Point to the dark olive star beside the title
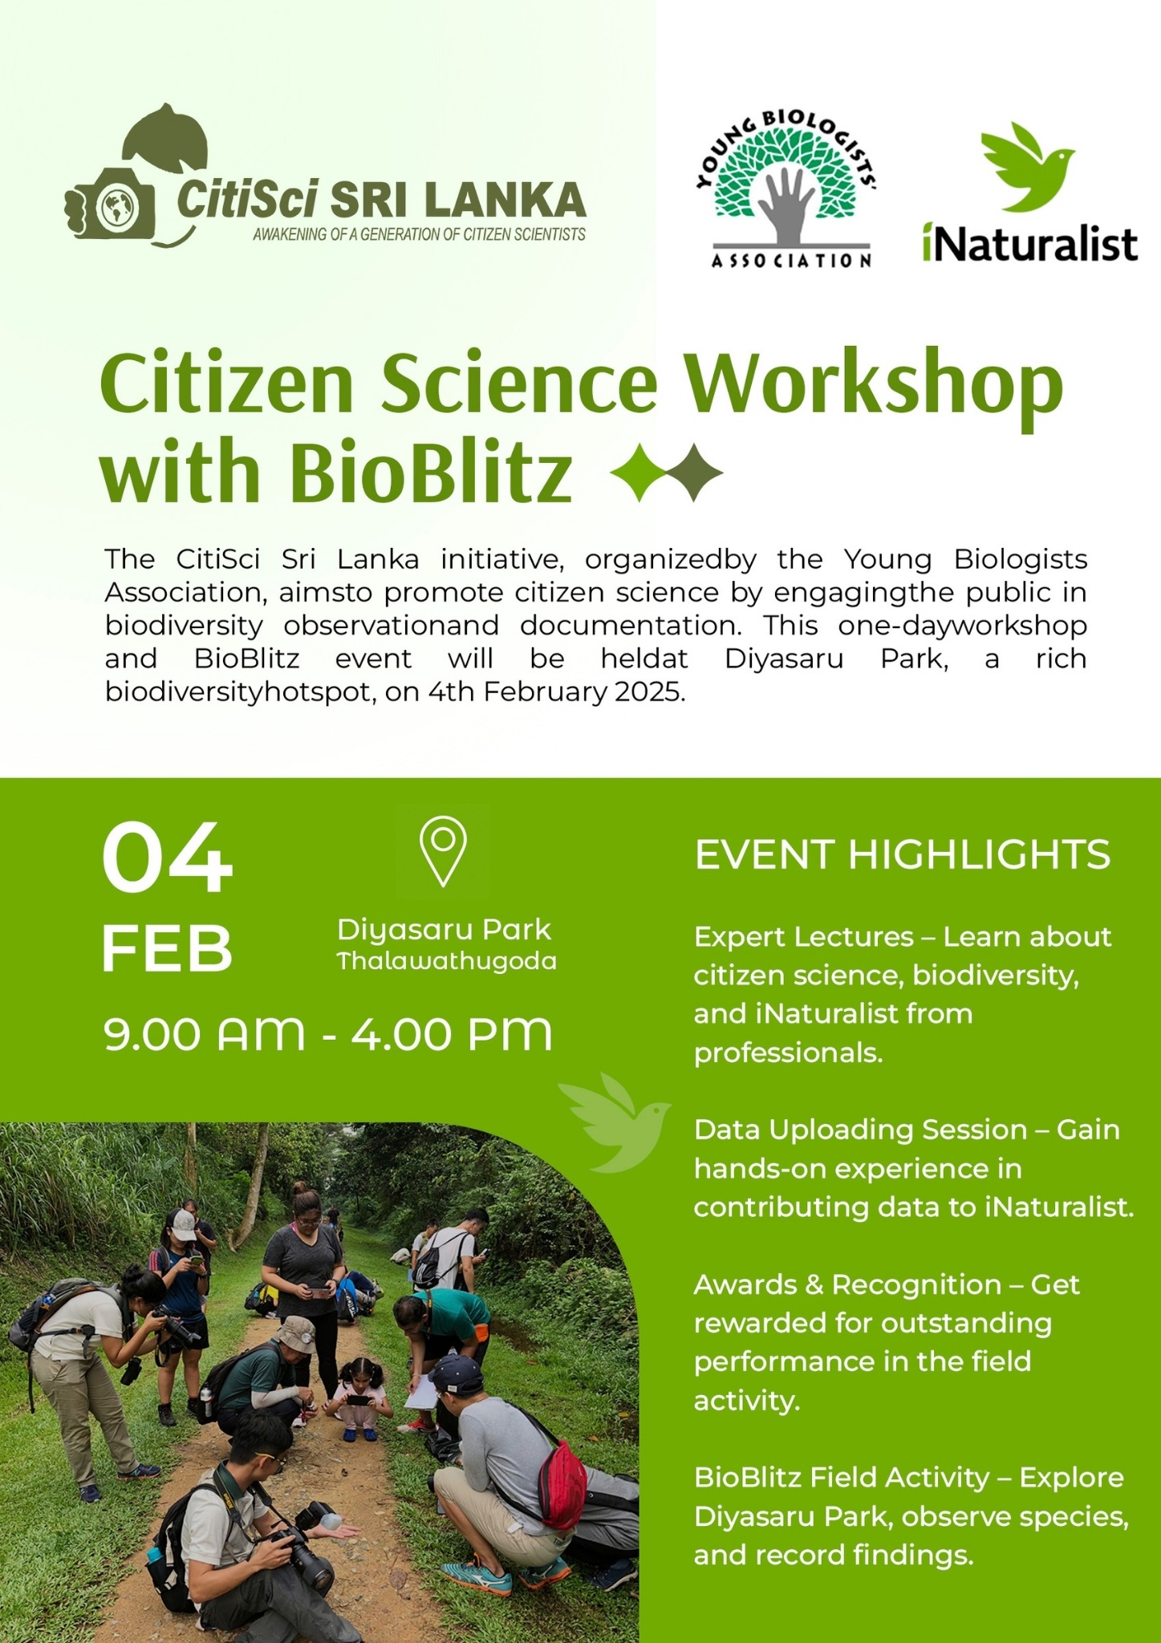coord(695,473)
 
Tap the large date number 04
coord(167,858)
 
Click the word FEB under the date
coord(167,948)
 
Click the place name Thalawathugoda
coord(446,961)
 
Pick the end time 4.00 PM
coord(452,1033)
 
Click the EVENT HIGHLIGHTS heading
coord(903,854)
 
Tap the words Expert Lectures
coord(803,937)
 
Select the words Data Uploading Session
coord(860,1130)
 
